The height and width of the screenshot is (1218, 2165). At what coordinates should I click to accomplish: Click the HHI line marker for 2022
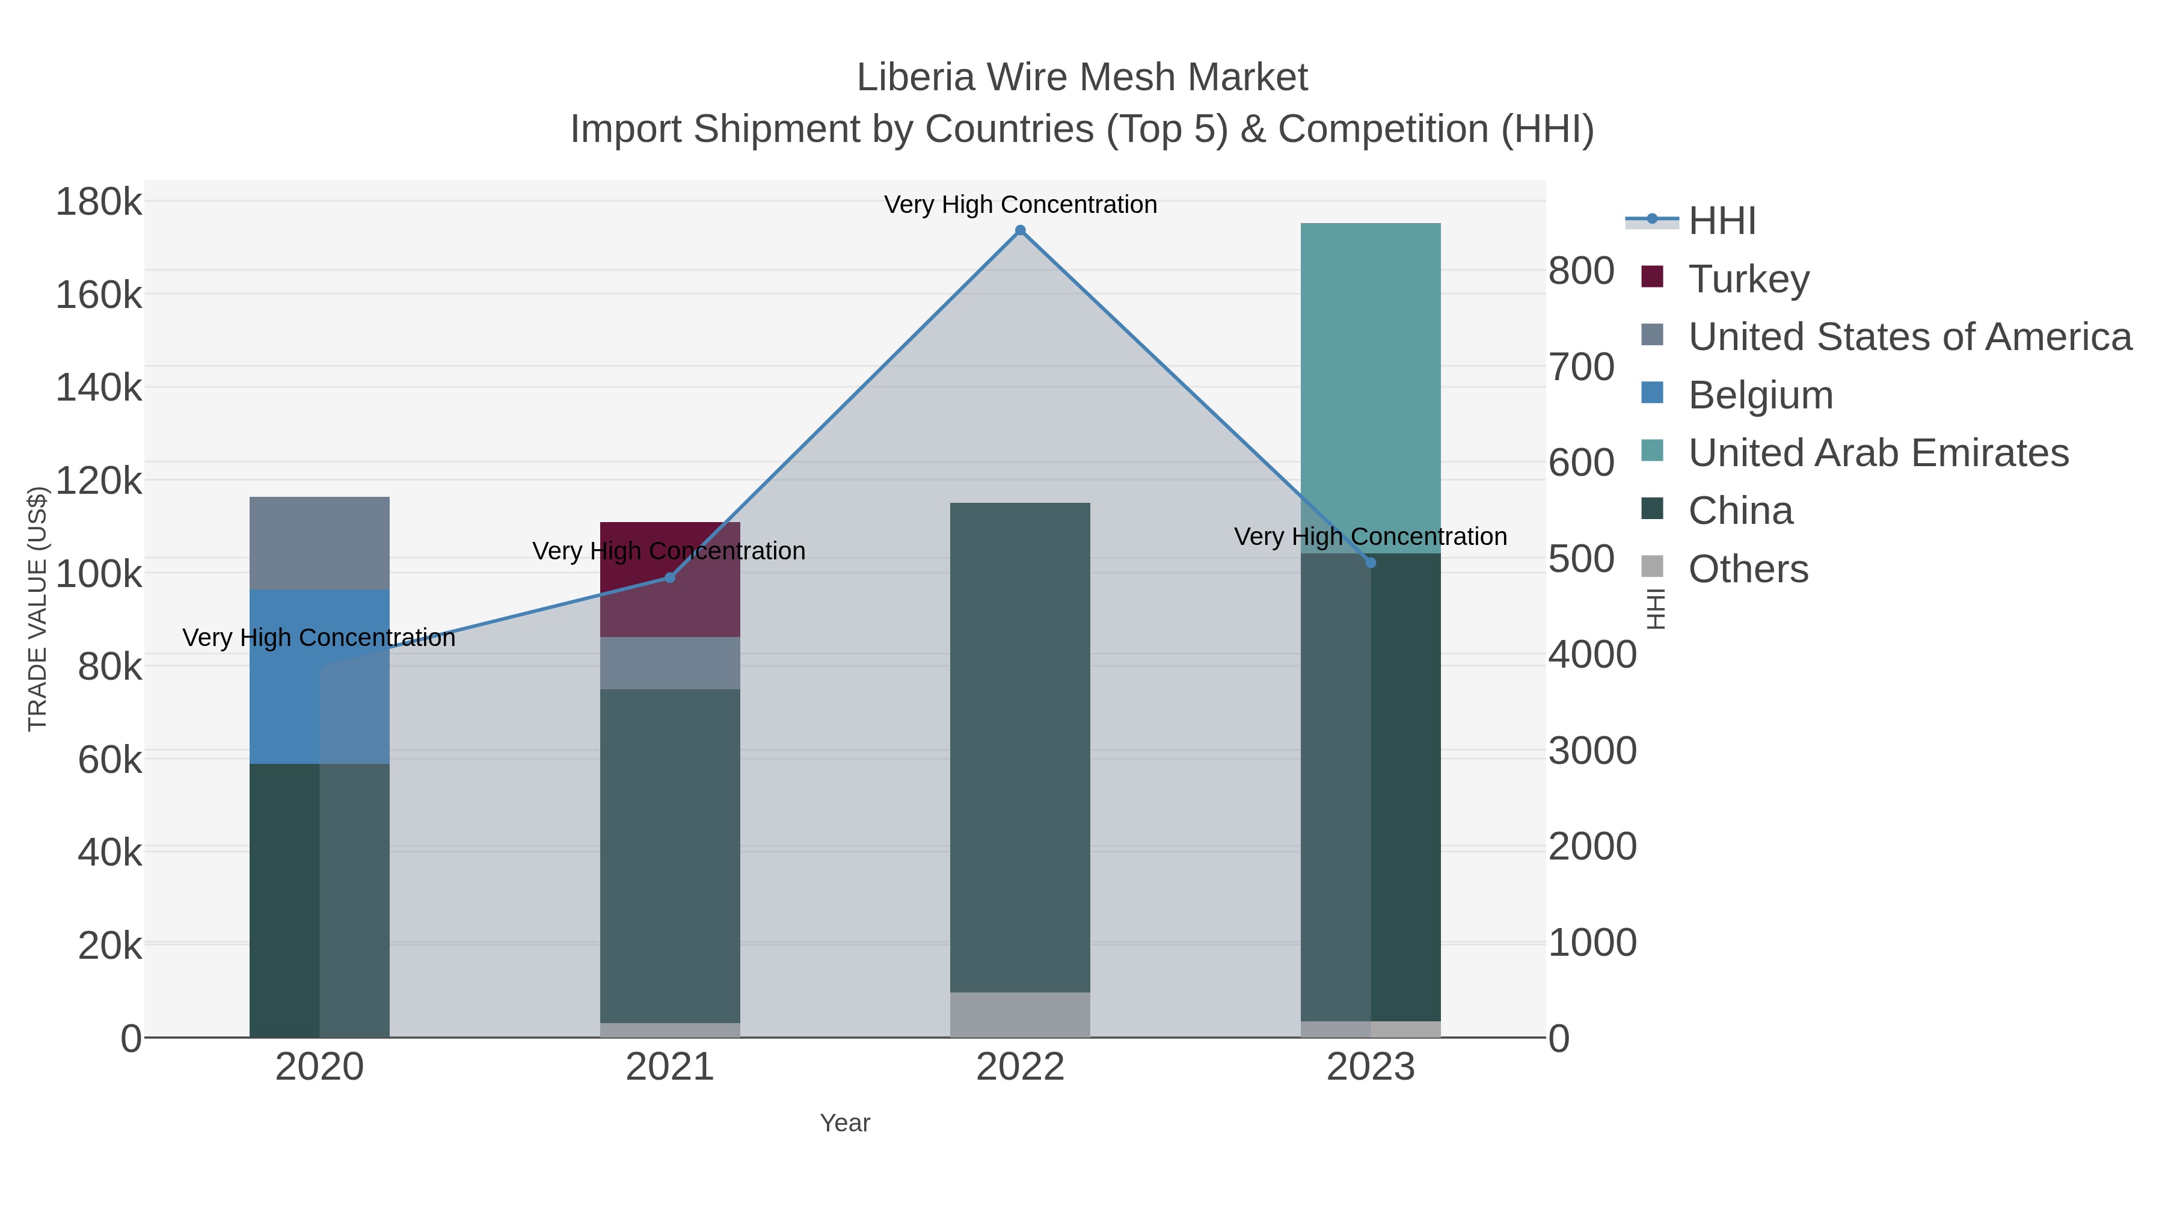pyautogui.click(x=1021, y=230)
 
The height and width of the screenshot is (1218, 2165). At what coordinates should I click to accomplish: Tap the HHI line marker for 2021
pyautogui.click(x=670, y=577)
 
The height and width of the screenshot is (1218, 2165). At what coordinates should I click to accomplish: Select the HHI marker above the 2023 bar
pyautogui.click(x=1371, y=562)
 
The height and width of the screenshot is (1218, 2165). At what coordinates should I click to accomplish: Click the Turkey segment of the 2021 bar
pyautogui.click(x=670, y=579)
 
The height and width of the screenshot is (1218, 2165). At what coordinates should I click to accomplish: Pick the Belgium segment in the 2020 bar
pyautogui.click(x=319, y=676)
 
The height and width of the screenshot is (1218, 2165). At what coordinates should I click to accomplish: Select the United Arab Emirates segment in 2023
pyautogui.click(x=1371, y=387)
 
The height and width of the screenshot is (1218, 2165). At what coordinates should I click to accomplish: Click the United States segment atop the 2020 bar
pyautogui.click(x=319, y=543)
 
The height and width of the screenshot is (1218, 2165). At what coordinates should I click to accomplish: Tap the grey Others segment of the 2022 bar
pyautogui.click(x=1021, y=1015)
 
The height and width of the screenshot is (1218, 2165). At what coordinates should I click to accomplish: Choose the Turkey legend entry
pyautogui.click(x=1749, y=279)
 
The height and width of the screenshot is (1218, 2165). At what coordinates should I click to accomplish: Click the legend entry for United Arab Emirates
pyautogui.click(x=1878, y=453)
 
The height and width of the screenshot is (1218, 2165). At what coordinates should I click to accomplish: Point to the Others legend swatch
pyautogui.click(x=1651, y=567)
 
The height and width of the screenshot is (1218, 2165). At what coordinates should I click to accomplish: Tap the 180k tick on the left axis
pyautogui.click(x=99, y=203)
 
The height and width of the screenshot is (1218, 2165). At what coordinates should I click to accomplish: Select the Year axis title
pyautogui.click(x=845, y=1123)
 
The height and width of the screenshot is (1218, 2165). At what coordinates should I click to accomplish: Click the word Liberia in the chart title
pyautogui.click(x=915, y=78)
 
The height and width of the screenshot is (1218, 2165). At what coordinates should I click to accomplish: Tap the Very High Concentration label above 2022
pyautogui.click(x=1021, y=205)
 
